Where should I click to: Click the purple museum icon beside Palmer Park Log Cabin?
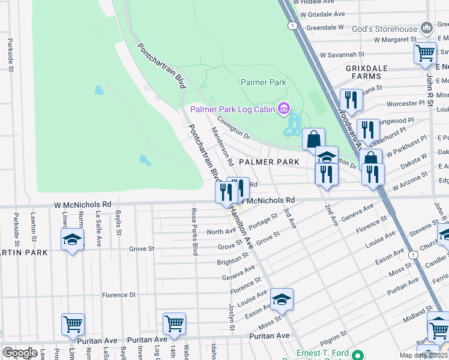coord(284,109)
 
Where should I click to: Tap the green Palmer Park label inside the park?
coord(264,82)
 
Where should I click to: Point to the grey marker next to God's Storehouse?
coord(427,28)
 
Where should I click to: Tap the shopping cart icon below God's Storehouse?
coord(425,53)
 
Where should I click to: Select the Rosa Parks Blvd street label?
coord(194,232)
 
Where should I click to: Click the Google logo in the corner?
coord(20,353)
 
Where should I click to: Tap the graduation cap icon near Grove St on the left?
coord(72,240)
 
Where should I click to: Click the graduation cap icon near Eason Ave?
coord(282,299)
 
